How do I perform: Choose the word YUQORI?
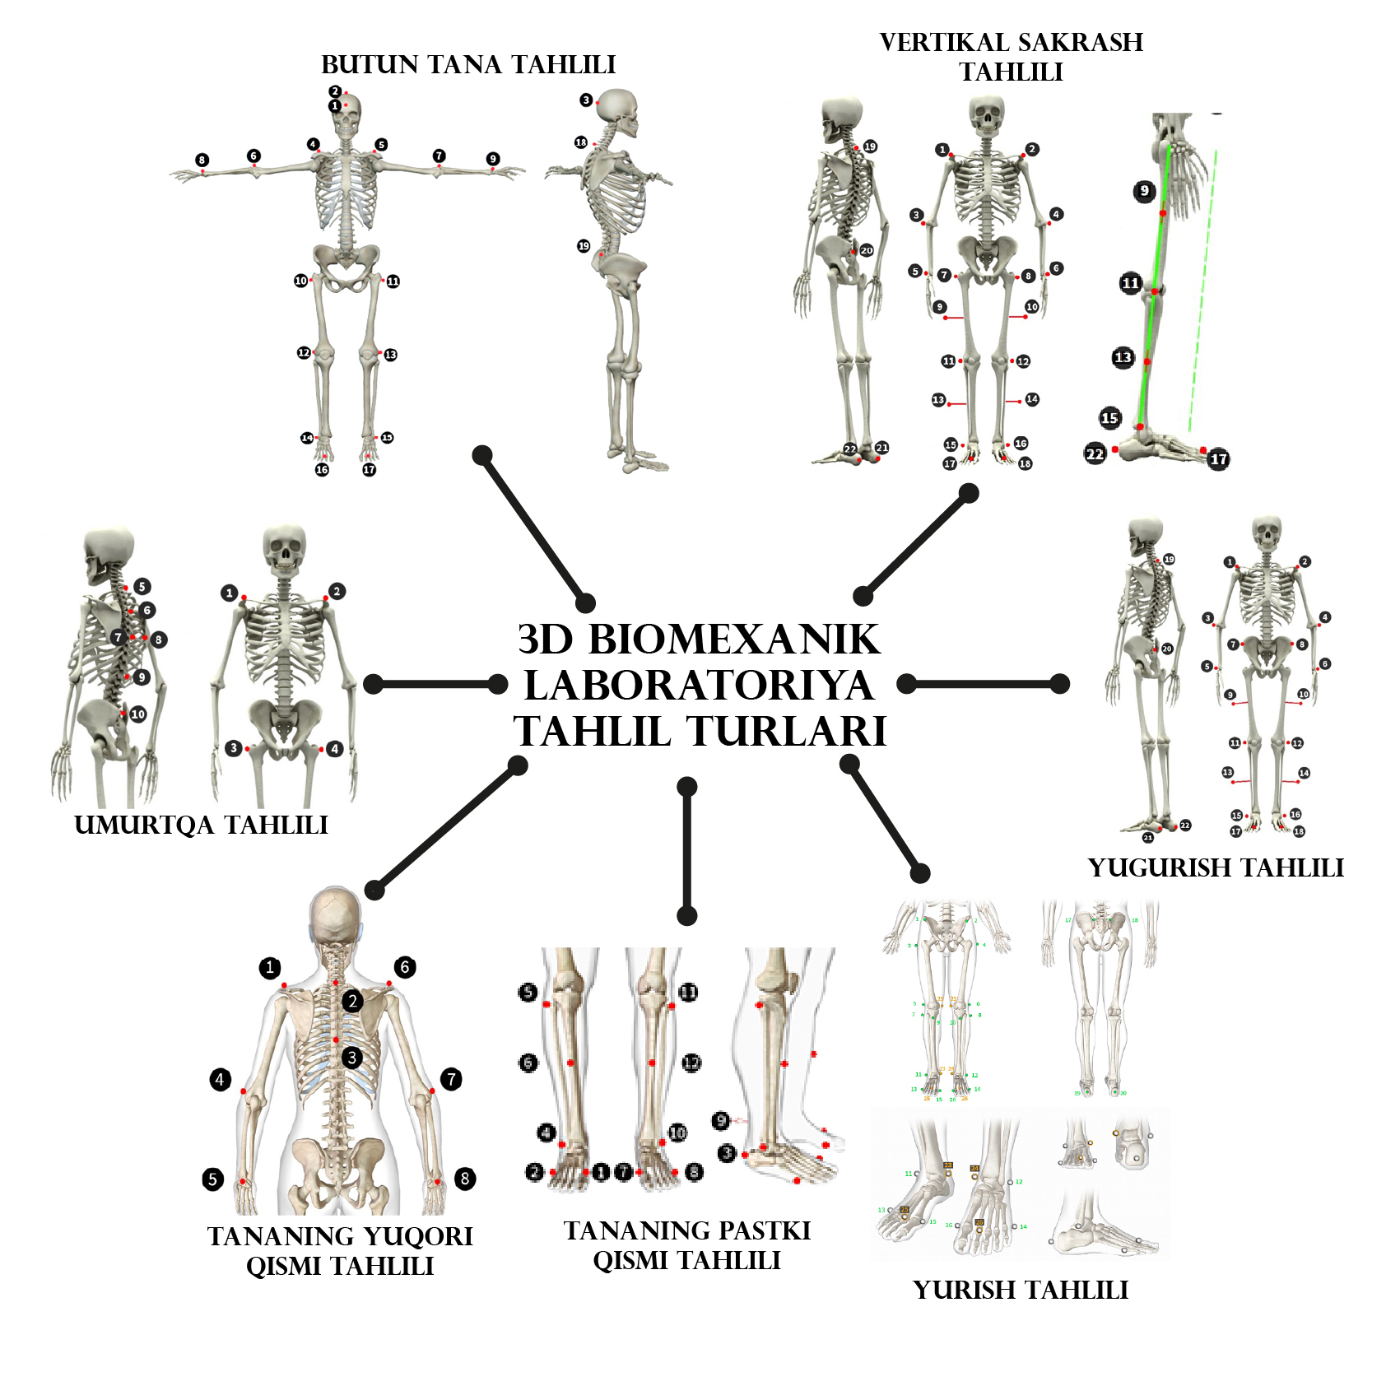[417, 1236]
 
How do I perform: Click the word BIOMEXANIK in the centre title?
[734, 640]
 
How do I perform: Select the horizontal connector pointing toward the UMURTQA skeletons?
[435, 684]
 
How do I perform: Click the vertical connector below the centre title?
[687, 851]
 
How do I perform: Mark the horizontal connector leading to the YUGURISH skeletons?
[984, 683]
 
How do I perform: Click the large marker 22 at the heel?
[1095, 453]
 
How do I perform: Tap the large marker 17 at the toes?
[1219, 459]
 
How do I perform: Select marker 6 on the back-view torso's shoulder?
[405, 967]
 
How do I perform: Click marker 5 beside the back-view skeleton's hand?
[212, 1179]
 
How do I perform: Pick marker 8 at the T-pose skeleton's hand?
[202, 160]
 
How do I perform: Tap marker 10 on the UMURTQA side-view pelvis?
[138, 714]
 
